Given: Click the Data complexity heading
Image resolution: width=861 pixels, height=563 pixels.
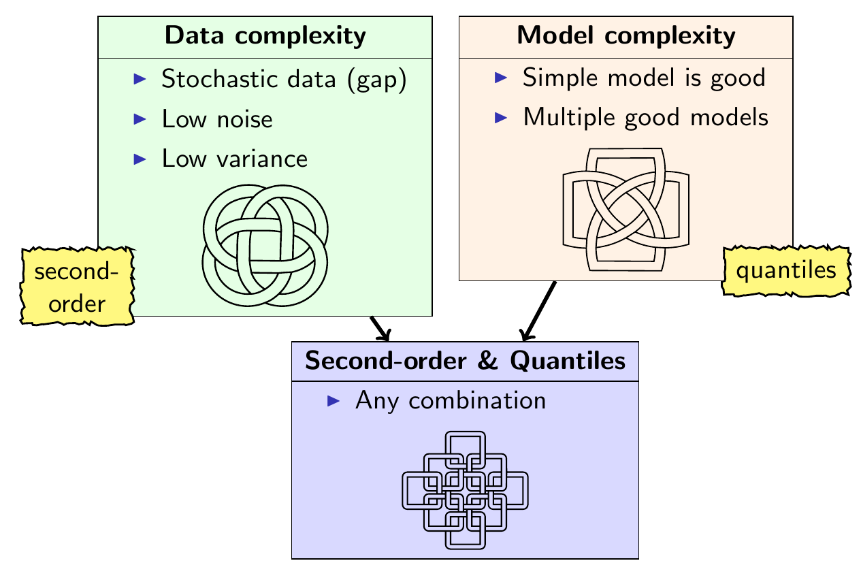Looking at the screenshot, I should coord(265,37).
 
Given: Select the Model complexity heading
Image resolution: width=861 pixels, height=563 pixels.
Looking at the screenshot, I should coord(626,35).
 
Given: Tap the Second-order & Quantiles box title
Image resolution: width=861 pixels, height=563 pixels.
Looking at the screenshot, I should coord(465,361).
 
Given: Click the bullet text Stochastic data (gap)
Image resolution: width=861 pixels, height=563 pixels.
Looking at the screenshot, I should coord(284,80).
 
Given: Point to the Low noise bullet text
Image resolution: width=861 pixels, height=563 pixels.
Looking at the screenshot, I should coord(217,119).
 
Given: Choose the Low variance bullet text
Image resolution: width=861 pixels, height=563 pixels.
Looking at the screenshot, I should coord(235,159).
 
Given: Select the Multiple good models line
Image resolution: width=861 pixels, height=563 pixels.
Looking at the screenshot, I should coord(645,117).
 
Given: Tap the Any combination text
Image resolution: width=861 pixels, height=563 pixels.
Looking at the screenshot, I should coord(450,400).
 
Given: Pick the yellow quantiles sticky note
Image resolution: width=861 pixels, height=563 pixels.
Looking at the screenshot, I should coord(786,271).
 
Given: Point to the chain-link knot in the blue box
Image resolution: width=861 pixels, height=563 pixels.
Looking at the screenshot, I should coord(465,489).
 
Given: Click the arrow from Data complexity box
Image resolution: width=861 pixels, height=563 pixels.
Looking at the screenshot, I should coord(381,329).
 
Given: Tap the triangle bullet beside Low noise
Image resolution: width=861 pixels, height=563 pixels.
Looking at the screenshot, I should coord(140,119).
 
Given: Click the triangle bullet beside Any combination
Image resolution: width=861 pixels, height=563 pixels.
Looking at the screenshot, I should coord(334,401).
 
